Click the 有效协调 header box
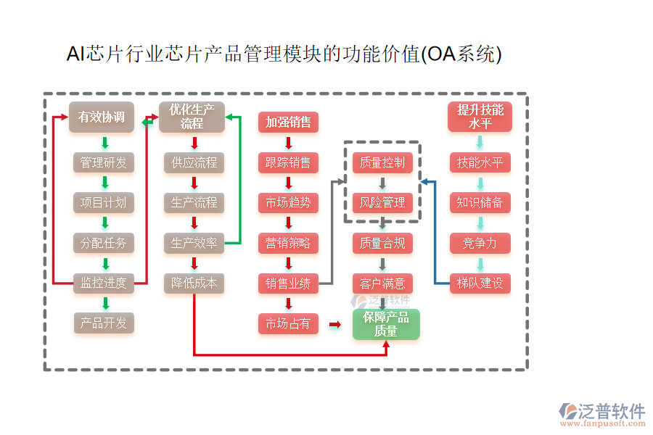pyautogui.click(x=102, y=117)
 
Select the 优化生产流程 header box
pyautogui.click(x=192, y=117)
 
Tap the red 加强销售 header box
pyautogui.click(x=288, y=123)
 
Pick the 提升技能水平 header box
pyautogui.click(x=480, y=117)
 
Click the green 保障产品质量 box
pyautogui.click(x=386, y=324)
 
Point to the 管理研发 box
pyautogui.click(x=103, y=162)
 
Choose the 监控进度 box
pyautogui.click(x=103, y=283)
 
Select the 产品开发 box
pyautogui.click(x=103, y=323)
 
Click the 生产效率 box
pyautogui.click(x=194, y=243)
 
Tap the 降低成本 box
pyautogui.click(x=194, y=283)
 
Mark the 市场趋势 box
pyautogui.click(x=288, y=203)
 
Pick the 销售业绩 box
pyautogui.click(x=288, y=283)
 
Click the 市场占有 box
pyautogui.click(x=288, y=323)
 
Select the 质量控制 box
pyautogui.click(x=382, y=162)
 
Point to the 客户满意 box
pyautogui.click(x=382, y=283)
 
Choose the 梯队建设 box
pyautogui.click(x=480, y=283)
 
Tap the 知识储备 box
pyautogui.click(x=480, y=203)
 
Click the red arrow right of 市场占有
pyautogui.click(x=334, y=324)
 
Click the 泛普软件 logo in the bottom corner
pyautogui.click(x=601, y=413)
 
